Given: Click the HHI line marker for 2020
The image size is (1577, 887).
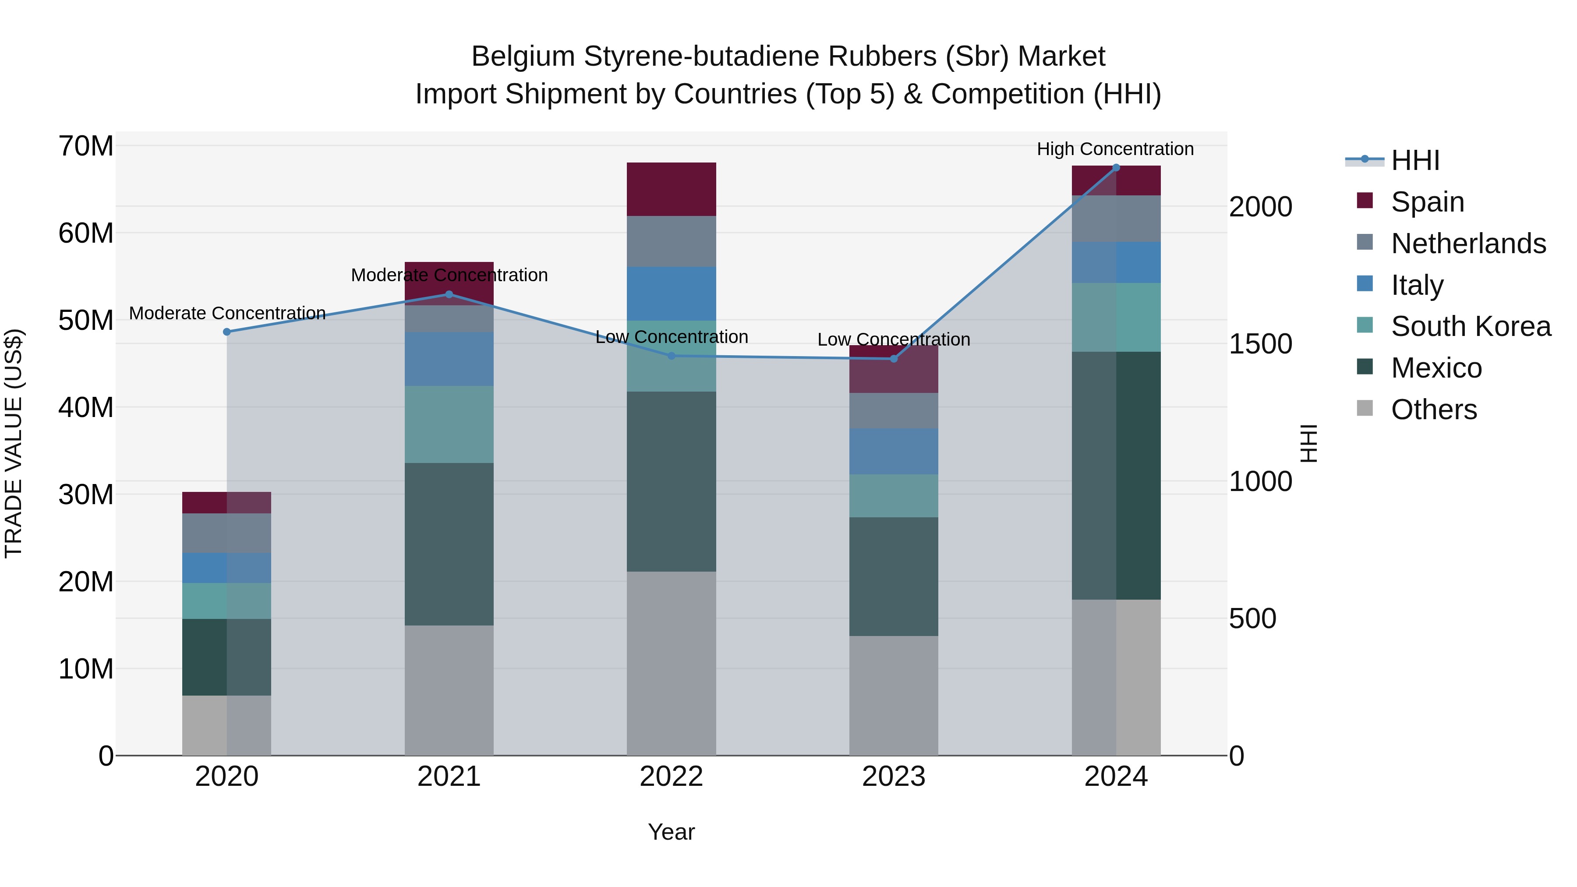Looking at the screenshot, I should (227, 332).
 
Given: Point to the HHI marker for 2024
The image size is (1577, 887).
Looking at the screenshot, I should (1116, 168).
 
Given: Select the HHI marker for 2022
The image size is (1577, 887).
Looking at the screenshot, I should (672, 356).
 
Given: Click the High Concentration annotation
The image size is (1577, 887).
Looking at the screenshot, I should (1115, 149).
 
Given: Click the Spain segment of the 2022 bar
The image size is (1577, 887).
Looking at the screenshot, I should (672, 189).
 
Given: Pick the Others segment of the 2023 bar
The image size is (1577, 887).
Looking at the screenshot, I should (893, 696).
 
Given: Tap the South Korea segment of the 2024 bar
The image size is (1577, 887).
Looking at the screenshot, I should (1116, 317).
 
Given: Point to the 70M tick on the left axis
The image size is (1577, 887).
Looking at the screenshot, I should (86, 146).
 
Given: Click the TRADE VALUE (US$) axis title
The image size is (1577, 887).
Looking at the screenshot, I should (14, 443).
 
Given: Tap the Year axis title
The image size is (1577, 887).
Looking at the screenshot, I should (672, 832).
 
